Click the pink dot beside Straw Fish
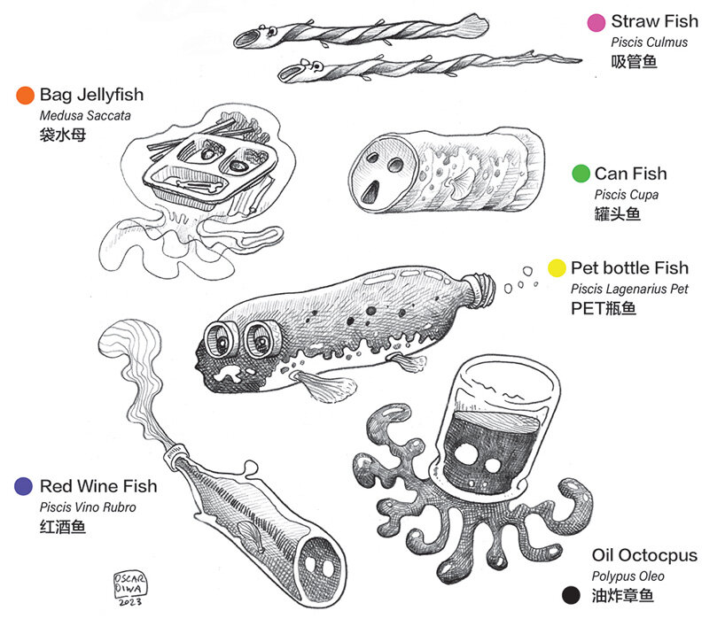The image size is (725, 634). [596, 22]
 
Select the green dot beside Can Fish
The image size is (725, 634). [581, 174]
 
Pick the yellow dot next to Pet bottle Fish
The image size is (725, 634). [557, 267]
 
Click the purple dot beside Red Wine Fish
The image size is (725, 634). [25, 486]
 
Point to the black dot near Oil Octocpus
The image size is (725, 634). [573, 595]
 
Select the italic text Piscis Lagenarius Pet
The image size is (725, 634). [629, 289]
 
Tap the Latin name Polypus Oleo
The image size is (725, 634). [628, 576]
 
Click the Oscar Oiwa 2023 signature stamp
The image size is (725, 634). [130, 587]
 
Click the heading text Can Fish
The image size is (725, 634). [630, 174]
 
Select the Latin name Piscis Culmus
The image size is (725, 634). [649, 43]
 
